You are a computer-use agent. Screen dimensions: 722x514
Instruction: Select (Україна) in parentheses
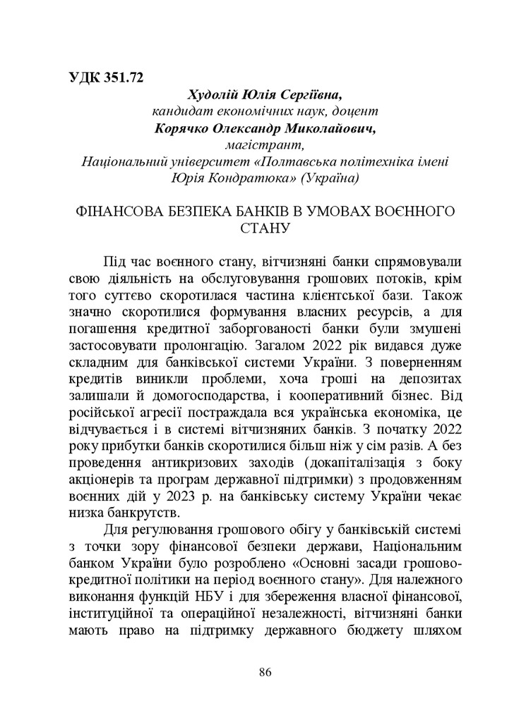coord(330,179)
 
